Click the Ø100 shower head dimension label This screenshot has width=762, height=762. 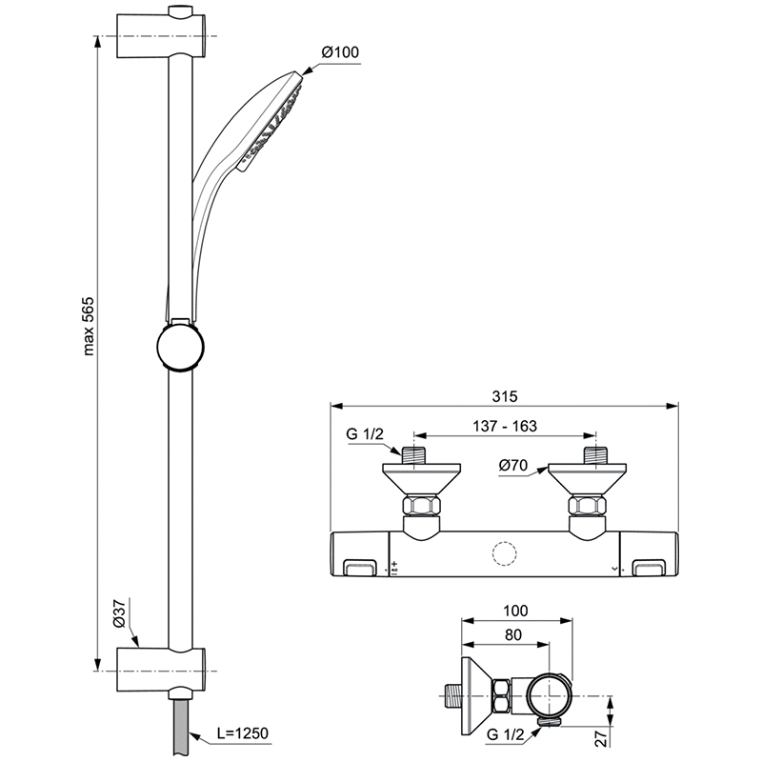[x=340, y=52]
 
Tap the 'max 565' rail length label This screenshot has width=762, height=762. [x=88, y=326]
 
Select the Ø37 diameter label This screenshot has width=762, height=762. [x=120, y=613]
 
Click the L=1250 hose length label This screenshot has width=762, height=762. [x=242, y=733]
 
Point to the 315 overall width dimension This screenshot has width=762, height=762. [x=505, y=396]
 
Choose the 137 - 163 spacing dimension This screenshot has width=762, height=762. [x=505, y=426]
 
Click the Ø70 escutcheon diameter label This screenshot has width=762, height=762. [x=513, y=465]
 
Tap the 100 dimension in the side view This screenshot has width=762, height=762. [x=515, y=611]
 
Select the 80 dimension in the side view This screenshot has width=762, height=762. [x=513, y=634]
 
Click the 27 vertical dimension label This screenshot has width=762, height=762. [x=602, y=738]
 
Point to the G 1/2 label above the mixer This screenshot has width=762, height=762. [x=365, y=433]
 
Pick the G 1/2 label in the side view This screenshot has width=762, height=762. [x=506, y=734]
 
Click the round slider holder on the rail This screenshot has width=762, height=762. [x=180, y=347]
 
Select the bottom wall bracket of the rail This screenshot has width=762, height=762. [x=161, y=671]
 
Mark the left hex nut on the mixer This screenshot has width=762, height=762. [x=421, y=506]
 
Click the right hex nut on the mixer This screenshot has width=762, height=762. [x=588, y=506]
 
